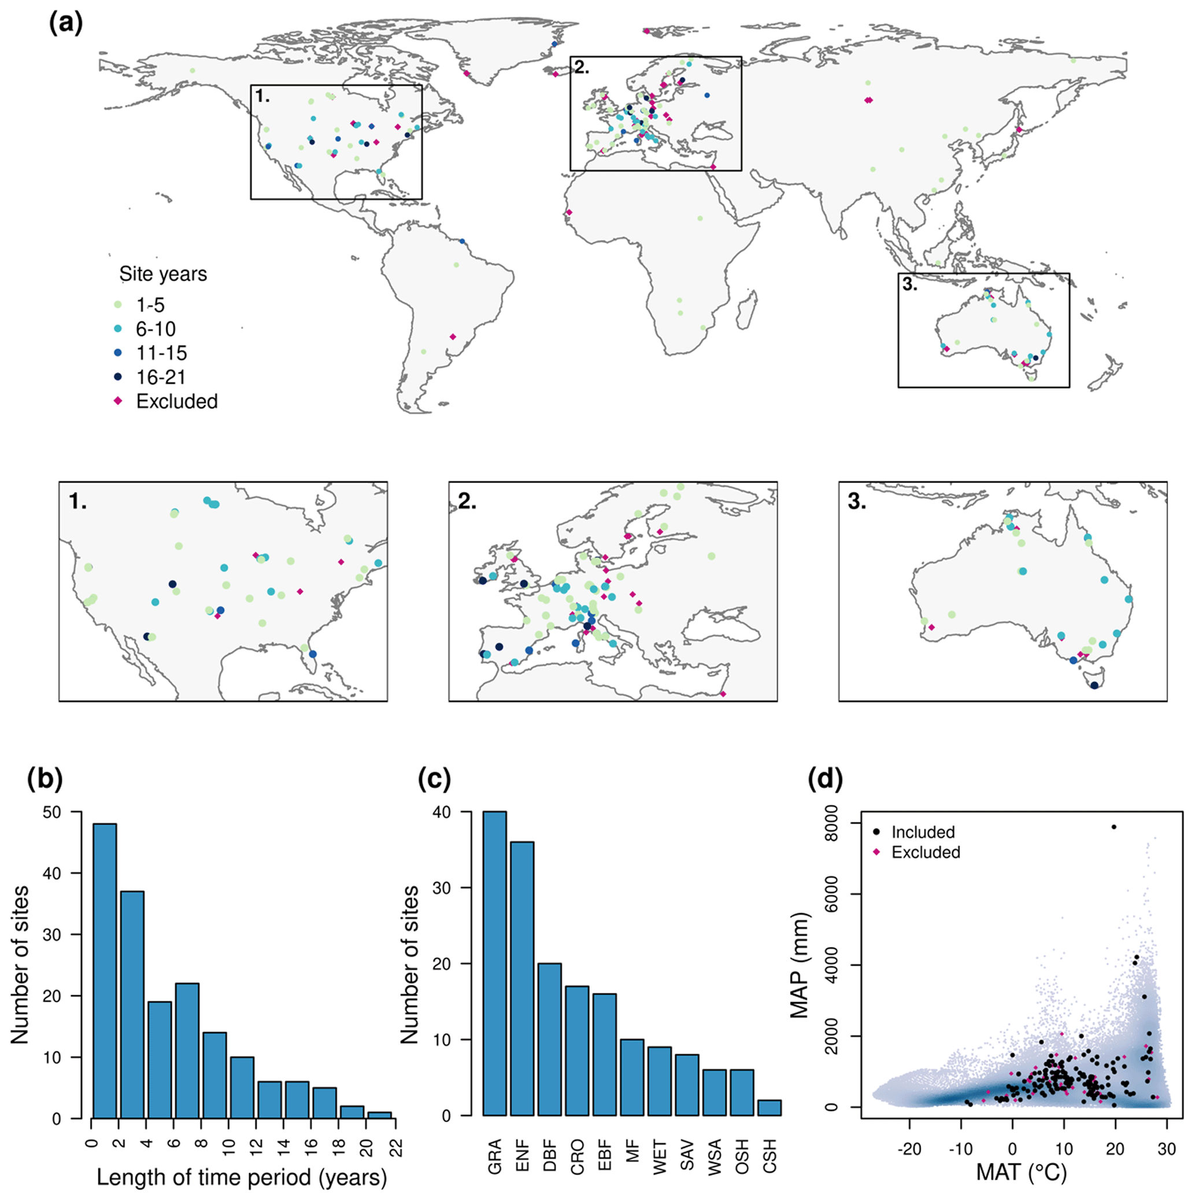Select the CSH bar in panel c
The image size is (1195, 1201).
tap(769, 1107)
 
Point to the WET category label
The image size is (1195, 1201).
tap(660, 1157)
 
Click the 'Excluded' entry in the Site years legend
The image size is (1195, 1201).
tap(176, 402)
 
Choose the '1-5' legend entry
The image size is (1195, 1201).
tap(150, 305)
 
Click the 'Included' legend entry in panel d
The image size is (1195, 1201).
tap(923, 832)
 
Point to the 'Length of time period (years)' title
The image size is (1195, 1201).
tap(242, 1177)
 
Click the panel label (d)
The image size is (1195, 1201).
tap(825, 779)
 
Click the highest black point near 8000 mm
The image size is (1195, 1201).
tap(1114, 827)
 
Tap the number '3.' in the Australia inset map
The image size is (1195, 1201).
tap(857, 502)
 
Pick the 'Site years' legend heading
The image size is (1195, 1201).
tap(163, 274)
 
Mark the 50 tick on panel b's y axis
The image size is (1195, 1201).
tap(52, 813)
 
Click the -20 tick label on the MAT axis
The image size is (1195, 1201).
tap(909, 1149)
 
